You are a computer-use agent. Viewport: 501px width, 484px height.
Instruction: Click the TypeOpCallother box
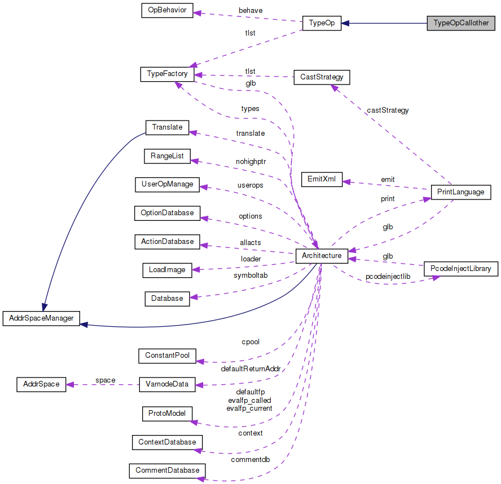[x=461, y=23]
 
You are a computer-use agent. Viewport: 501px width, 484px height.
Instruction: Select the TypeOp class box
[x=322, y=23]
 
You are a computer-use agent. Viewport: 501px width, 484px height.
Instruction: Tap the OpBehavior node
[x=167, y=10]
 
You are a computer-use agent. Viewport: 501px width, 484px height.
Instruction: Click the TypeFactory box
[x=168, y=74]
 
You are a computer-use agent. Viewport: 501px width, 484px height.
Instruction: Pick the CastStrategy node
[x=322, y=77]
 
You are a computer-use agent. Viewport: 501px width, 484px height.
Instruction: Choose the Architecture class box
[x=322, y=256]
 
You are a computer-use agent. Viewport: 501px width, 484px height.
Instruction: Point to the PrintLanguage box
[x=460, y=192]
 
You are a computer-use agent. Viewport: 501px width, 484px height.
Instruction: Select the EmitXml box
[x=322, y=180]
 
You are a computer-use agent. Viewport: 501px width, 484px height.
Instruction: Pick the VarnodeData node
[x=167, y=385]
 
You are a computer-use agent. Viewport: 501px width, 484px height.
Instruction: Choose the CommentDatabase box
[x=167, y=470]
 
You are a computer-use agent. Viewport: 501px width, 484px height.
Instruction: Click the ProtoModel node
[x=167, y=414]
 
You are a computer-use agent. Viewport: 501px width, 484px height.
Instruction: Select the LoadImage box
[x=167, y=270]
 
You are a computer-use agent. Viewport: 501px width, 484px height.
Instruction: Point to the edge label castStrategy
[x=388, y=110]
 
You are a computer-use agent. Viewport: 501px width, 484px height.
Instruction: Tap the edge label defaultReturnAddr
[x=250, y=369]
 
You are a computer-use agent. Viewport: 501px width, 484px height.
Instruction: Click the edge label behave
[x=250, y=11]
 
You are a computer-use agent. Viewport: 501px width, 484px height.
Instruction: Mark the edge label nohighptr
[x=250, y=161]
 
